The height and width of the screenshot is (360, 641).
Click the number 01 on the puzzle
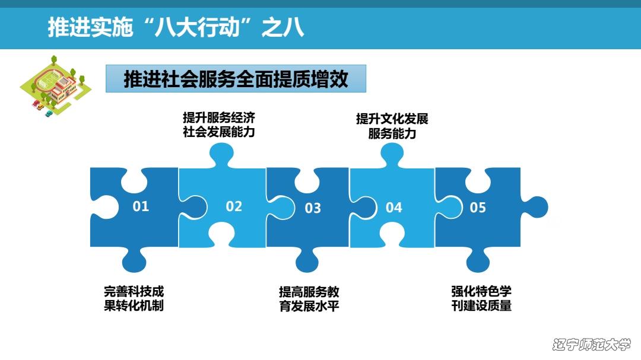point(141,206)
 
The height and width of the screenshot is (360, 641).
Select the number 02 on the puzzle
point(234,206)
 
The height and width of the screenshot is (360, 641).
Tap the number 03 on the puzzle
point(313,208)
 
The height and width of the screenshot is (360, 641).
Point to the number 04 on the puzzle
point(394,207)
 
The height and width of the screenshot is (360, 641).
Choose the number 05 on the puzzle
point(478,207)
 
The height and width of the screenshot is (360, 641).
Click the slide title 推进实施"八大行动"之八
point(176,28)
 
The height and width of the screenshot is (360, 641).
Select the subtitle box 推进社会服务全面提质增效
point(236,79)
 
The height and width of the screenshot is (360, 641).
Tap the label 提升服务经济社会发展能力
point(219,124)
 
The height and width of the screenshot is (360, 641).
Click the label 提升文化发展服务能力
point(392,126)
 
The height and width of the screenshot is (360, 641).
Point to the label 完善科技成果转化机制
point(134,298)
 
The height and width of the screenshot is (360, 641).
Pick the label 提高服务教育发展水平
point(309,298)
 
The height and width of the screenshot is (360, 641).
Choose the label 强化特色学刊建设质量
point(481,298)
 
